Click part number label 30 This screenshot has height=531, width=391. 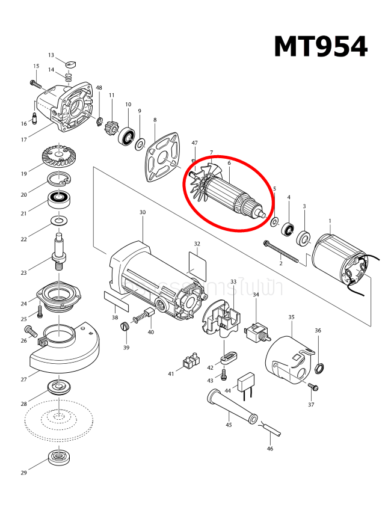click(x=143, y=212)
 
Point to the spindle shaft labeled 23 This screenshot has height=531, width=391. click(x=60, y=253)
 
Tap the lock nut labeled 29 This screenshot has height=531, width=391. click(x=58, y=458)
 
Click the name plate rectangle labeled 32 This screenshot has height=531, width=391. click(x=197, y=263)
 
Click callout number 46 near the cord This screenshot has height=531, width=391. click(x=269, y=449)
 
